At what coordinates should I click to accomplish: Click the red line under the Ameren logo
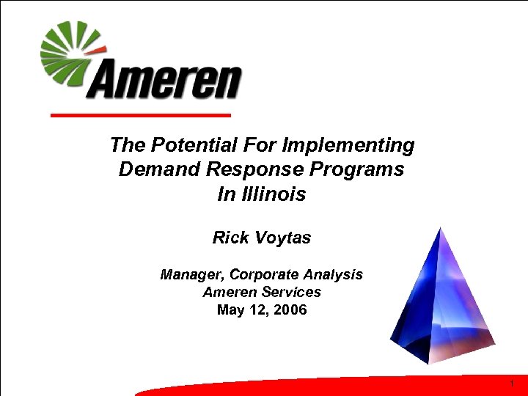pos(139,115)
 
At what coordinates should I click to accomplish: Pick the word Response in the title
pos(254,170)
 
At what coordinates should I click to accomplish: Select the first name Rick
pos(229,238)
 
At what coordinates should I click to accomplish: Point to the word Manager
pos(192,275)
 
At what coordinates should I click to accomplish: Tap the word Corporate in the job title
pos(264,275)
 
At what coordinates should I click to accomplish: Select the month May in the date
pos(231,309)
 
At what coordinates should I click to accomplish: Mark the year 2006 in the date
pos(290,309)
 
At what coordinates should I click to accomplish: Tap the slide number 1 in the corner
pos(511,384)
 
